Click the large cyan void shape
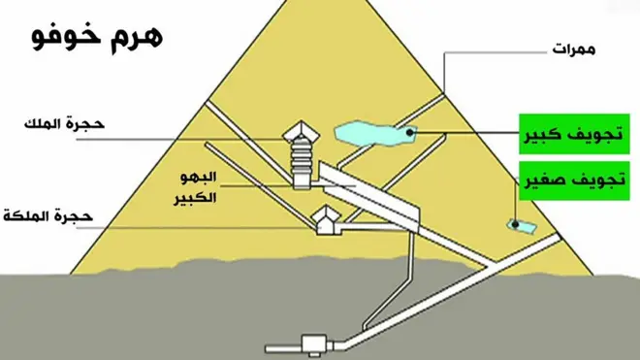coord(373,133)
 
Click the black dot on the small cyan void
coord(515,226)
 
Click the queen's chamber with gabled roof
coord(325,223)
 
